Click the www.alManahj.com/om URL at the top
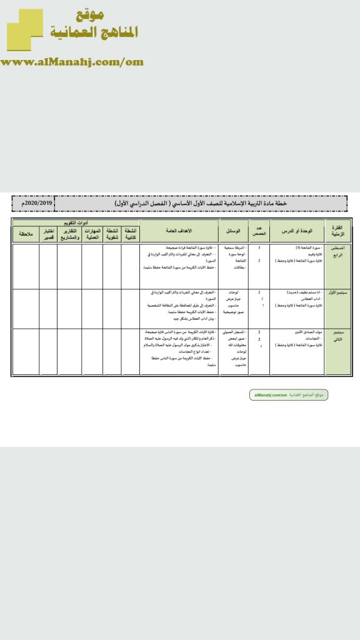click(x=72, y=62)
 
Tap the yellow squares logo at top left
click(x=25, y=30)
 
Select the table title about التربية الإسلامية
click(x=200, y=204)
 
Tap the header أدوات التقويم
click(x=77, y=222)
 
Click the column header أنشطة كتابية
click(x=131, y=234)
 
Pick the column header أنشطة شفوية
click(x=112, y=234)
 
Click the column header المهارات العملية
click(x=92, y=234)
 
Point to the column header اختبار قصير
click(x=49, y=234)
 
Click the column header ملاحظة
click(x=26, y=234)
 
